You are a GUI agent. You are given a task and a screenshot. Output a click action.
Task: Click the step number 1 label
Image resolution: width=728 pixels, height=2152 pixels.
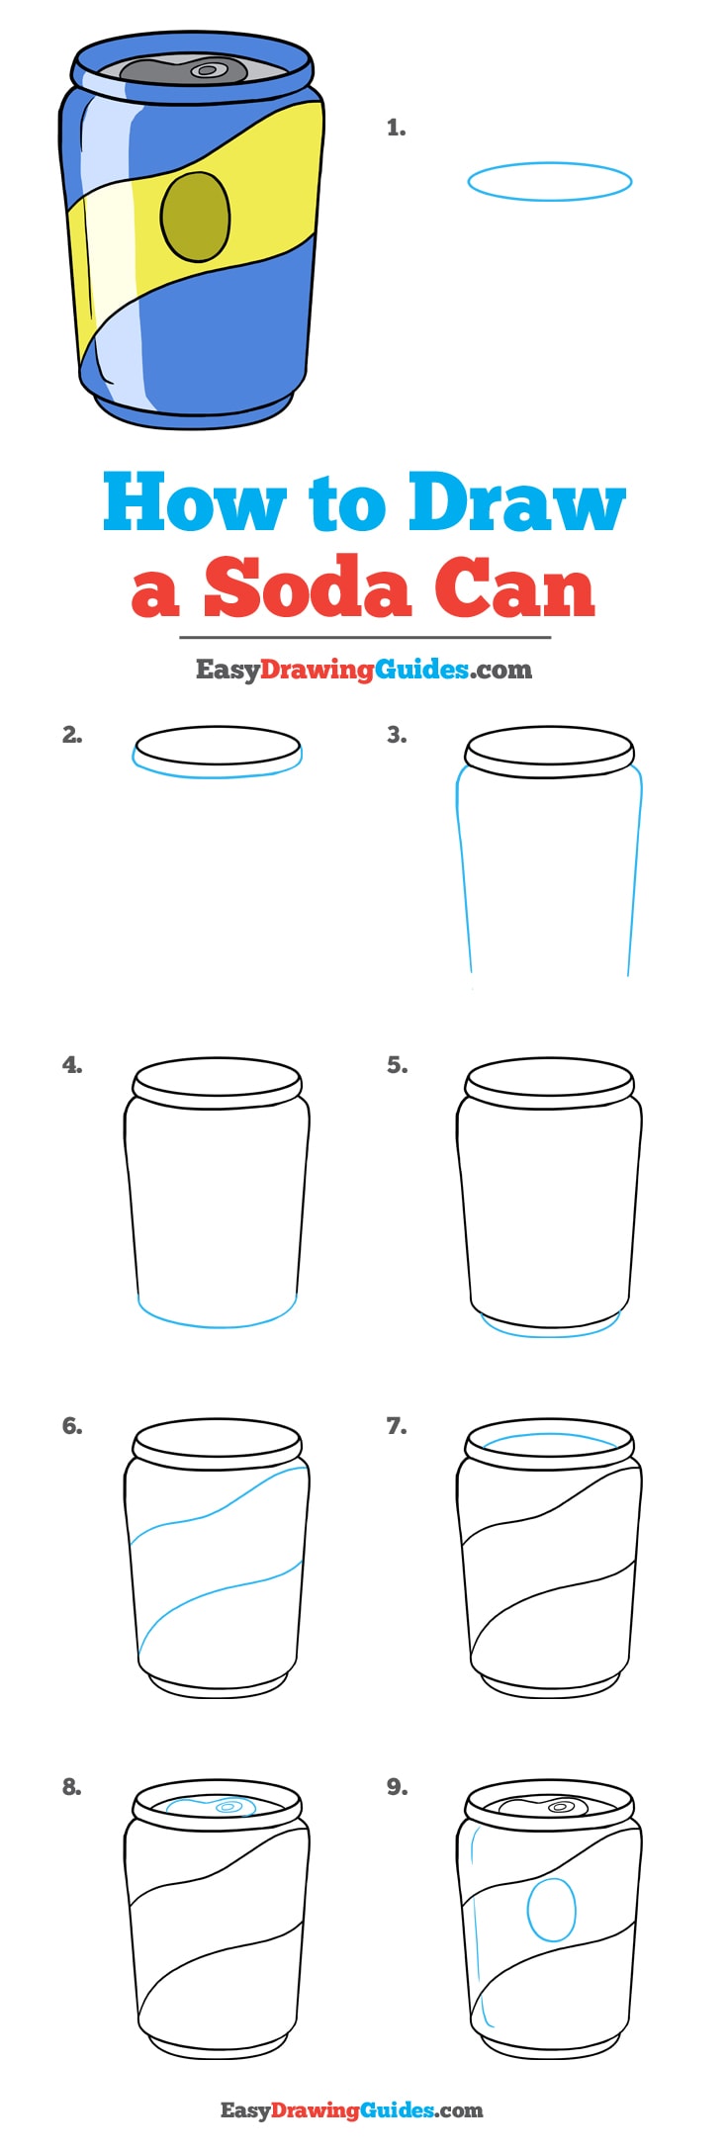pos(396,128)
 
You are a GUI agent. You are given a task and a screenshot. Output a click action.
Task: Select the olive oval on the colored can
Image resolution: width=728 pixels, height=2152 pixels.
pos(195,218)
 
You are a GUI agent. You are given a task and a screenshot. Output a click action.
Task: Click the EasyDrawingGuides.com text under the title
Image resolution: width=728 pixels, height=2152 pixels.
pos(363,670)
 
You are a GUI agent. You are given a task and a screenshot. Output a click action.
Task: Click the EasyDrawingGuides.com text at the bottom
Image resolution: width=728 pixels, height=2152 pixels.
pos(351,2109)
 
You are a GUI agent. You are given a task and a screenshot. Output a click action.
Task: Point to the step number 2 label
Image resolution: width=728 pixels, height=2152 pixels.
pos(71,735)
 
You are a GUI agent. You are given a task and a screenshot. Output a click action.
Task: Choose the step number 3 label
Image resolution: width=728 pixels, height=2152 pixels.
pos(397,735)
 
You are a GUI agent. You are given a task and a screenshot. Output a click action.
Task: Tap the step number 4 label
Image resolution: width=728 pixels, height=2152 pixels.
pos(71,1065)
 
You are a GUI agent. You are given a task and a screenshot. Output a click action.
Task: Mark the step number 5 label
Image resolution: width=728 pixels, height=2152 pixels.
pos(397,1065)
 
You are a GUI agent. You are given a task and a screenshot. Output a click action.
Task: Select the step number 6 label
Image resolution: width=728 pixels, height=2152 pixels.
pos(71,1425)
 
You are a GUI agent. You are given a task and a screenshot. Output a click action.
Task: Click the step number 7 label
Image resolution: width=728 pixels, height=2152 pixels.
pos(397,1425)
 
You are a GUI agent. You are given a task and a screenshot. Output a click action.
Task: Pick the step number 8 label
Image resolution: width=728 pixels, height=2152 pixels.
pos(71,1786)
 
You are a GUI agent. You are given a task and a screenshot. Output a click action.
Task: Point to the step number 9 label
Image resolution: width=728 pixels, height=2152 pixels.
pos(397,1786)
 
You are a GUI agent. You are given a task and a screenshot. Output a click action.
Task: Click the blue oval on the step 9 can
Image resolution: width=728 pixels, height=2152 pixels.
pos(551,1910)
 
